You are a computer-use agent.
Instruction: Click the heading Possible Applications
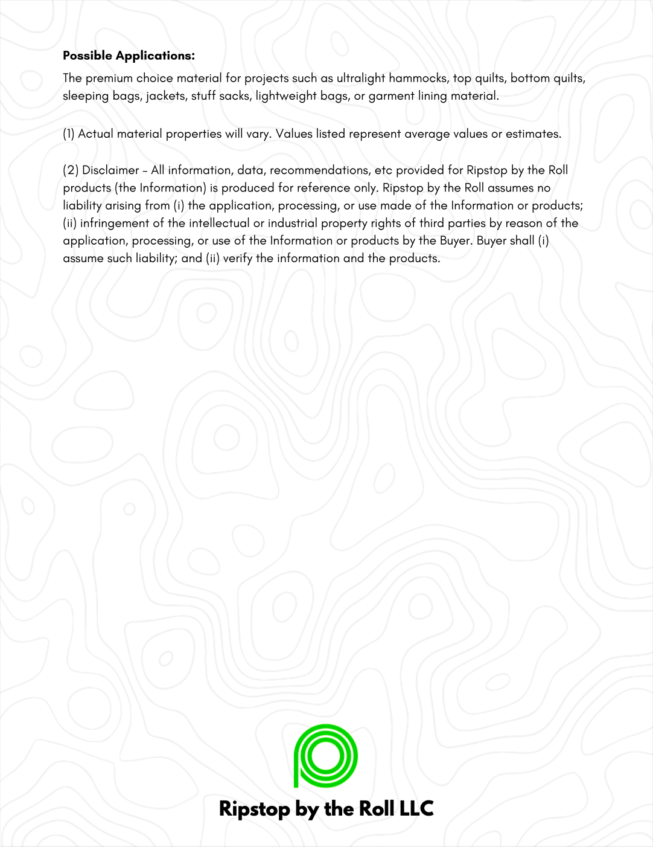(x=129, y=56)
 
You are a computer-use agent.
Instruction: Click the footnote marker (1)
(x=69, y=134)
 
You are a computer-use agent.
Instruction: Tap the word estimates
(x=533, y=134)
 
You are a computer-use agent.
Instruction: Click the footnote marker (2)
(x=71, y=170)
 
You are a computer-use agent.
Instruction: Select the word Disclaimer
(x=110, y=170)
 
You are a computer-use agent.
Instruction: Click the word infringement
(x=115, y=223)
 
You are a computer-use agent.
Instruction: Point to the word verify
(x=238, y=258)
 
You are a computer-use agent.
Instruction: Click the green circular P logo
(x=326, y=756)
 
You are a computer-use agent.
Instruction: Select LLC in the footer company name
(x=415, y=808)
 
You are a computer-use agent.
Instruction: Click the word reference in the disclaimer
(x=321, y=187)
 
